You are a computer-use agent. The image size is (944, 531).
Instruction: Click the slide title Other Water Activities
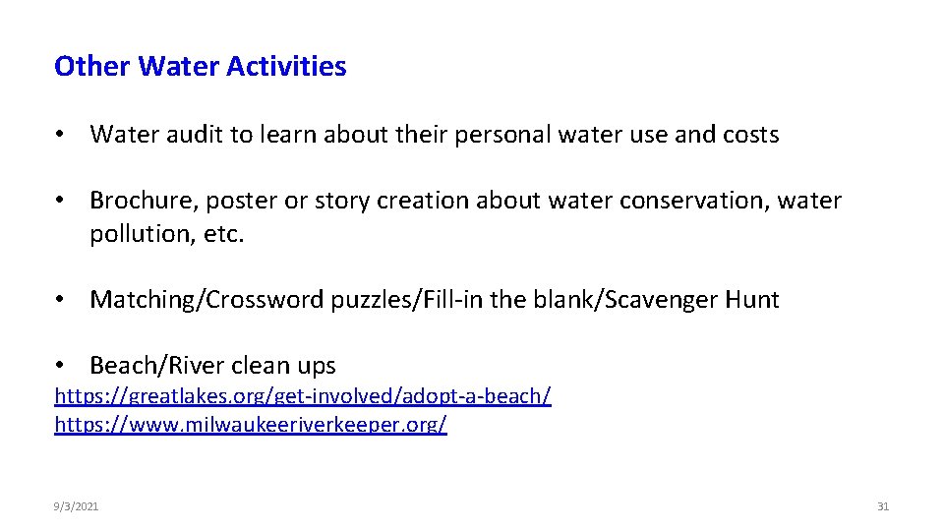[201, 67]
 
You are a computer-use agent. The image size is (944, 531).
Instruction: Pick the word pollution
[133, 235]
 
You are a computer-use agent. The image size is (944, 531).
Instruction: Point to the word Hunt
[752, 300]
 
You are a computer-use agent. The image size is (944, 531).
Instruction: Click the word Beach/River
[155, 366]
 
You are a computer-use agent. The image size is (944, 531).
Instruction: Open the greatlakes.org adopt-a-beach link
[303, 395]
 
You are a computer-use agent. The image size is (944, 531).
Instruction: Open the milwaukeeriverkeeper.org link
[251, 425]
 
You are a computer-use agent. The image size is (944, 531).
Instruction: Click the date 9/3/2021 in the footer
[77, 506]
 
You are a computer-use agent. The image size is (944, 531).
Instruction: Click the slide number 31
[882, 506]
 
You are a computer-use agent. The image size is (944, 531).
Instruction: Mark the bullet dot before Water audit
[61, 136]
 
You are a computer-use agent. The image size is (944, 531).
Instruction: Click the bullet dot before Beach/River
[61, 367]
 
